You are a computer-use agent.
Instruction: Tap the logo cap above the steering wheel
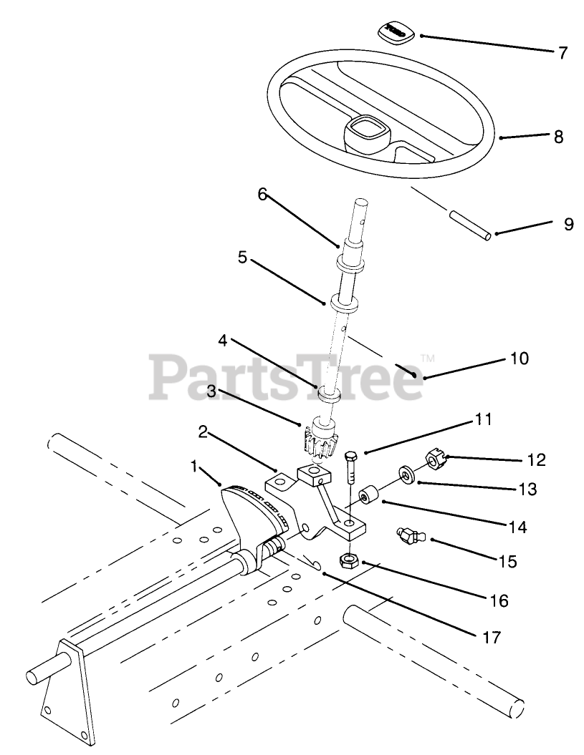[x=393, y=31]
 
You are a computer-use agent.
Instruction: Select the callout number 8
[x=558, y=136]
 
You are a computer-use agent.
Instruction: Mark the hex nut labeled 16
[x=349, y=560]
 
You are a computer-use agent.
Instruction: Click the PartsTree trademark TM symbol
[x=428, y=356]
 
